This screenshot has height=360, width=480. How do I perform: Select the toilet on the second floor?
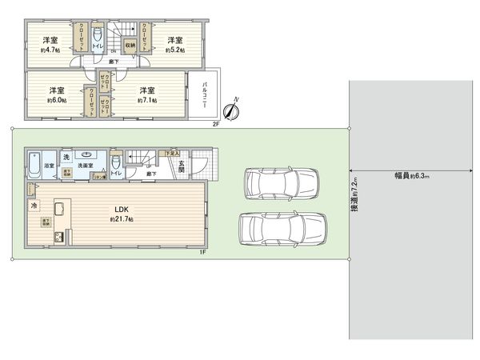(x=97, y=40)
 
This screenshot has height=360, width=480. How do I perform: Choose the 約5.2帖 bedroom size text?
(x=174, y=50)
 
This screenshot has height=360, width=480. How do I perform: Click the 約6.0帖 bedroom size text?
(x=55, y=100)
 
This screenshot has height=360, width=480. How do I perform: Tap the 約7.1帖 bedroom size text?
(x=146, y=100)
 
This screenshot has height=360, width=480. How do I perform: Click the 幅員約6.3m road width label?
(x=412, y=174)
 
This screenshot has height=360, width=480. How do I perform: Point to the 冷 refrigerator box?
(x=34, y=206)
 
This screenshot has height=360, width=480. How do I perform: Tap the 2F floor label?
(x=215, y=124)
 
